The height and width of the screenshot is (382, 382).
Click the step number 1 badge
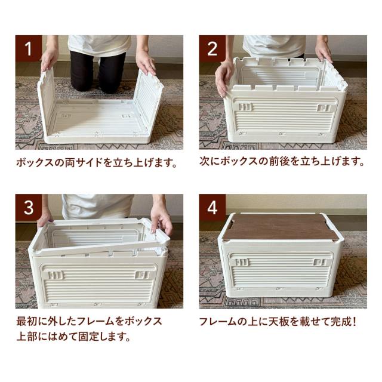[x=29, y=48]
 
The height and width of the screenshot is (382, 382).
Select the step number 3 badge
[x=29, y=207]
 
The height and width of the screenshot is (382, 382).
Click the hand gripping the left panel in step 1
[x=48, y=60]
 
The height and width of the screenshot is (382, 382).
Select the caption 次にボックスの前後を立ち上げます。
[x=282, y=162]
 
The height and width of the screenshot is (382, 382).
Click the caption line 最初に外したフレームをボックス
[x=88, y=321]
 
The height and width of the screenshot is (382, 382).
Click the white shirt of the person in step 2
[x=274, y=45]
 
